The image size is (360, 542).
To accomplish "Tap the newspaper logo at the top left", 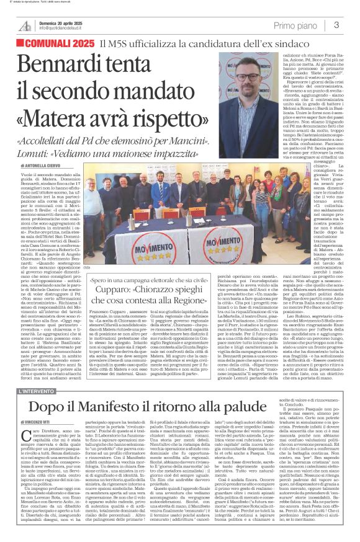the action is [x=24, y=25].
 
